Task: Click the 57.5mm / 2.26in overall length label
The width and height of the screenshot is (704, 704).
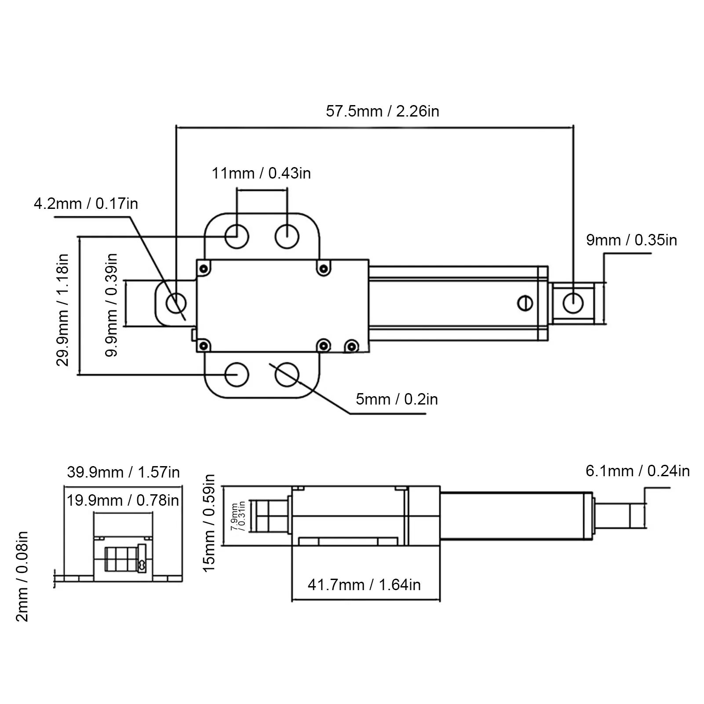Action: (x=382, y=111)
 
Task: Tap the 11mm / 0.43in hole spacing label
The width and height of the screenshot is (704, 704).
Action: (x=261, y=173)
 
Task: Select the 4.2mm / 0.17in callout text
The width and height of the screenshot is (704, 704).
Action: (x=86, y=204)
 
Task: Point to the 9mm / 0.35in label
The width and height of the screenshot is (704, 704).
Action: (x=631, y=240)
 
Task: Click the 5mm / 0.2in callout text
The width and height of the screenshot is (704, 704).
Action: (x=397, y=399)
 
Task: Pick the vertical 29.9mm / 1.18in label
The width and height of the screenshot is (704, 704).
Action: (x=63, y=310)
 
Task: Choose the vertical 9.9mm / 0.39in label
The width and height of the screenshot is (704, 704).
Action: (x=112, y=305)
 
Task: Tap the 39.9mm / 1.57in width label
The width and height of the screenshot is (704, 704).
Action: (x=123, y=472)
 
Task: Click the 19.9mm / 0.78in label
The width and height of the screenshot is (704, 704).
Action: (x=123, y=500)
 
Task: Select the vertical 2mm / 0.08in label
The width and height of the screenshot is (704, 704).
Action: (x=22, y=576)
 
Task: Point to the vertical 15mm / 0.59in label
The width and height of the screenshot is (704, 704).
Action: (x=209, y=523)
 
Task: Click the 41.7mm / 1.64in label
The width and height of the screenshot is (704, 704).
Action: (x=364, y=585)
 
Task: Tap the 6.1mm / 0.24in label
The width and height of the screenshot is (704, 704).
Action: (x=638, y=471)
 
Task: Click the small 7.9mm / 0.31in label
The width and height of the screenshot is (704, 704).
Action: (x=238, y=517)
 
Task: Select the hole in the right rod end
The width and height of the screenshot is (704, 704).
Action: (x=573, y=303)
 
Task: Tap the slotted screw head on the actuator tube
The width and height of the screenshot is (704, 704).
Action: (x=525, y=303)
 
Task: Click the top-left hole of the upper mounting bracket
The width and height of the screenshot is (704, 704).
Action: (x=237, y=237)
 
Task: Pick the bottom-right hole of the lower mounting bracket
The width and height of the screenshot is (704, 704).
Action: (x=287, y=375)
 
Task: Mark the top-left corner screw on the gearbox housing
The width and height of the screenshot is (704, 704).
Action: (x=203, y=268)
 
